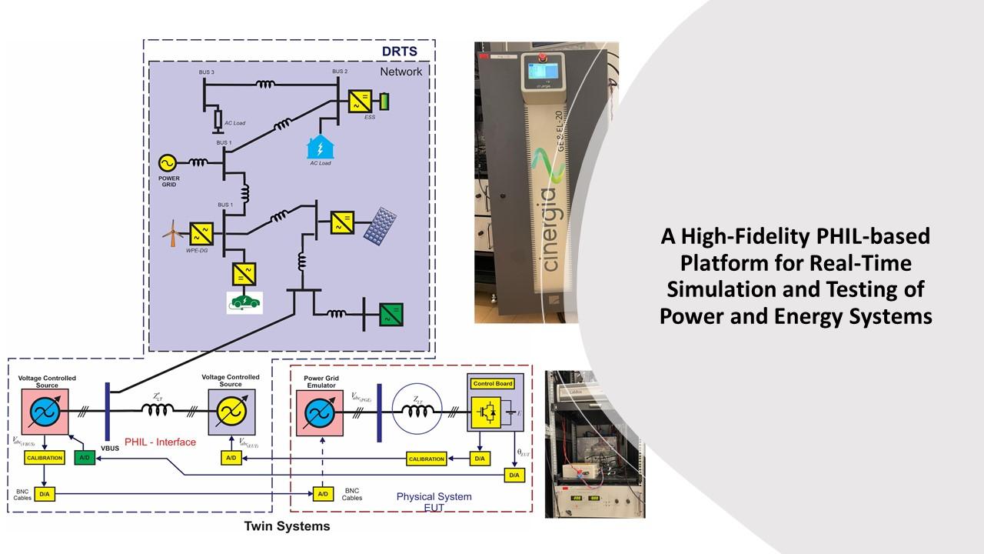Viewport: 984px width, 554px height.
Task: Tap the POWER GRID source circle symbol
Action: tap(167, 162)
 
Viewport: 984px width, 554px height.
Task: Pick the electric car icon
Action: tap(244, 302)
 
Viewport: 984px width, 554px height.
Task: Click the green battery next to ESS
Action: tap(384, 101)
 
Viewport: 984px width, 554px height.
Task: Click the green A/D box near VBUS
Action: tap(84, 458)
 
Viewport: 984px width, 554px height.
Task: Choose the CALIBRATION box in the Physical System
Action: tap(427, 459)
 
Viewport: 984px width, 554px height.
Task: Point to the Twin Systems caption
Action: tap(287, 526)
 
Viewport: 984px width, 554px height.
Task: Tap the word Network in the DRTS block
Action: tap(401, 72)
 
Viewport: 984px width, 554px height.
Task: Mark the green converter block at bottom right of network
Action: tap(391, 315)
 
